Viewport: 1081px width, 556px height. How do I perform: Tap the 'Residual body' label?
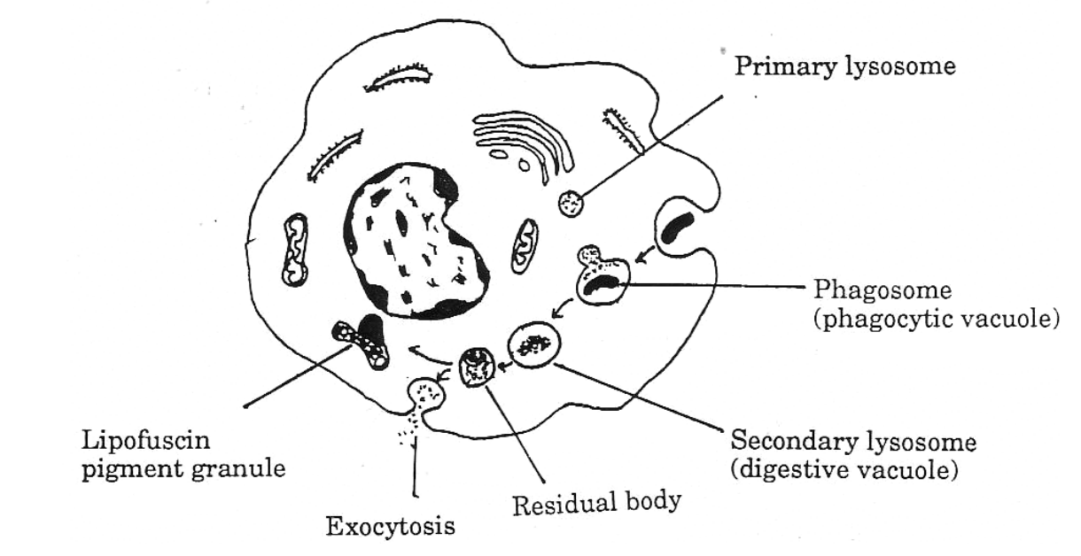597,503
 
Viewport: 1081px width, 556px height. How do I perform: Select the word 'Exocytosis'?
391,528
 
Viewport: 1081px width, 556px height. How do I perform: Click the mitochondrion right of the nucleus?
524,247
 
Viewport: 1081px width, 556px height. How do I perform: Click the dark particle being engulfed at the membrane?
677,228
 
